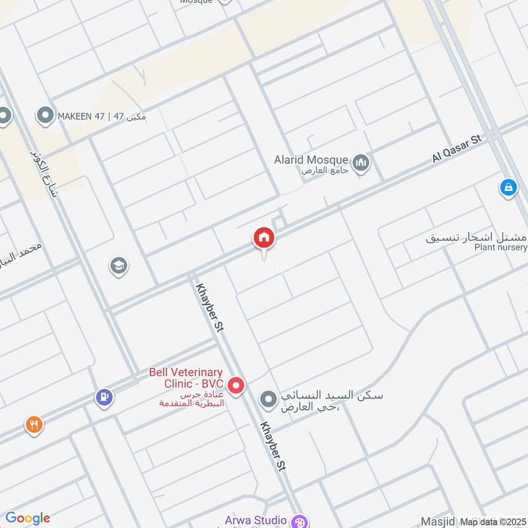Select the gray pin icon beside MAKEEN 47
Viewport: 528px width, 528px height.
point(46,117)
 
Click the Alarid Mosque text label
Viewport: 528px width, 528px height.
point(312,160)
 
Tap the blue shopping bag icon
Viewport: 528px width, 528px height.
point(508,188)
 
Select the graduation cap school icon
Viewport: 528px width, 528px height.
point(119,267)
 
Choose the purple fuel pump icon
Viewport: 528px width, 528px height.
point(103,397)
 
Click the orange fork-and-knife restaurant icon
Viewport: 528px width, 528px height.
point(34,425)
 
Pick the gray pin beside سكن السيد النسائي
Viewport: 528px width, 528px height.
point(268,399)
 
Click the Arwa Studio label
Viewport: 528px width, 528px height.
point(255,520)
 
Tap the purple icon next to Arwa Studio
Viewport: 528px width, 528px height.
point(299,521)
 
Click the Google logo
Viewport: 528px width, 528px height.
point(28,518)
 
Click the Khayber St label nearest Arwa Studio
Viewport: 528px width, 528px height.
point(273,447)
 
